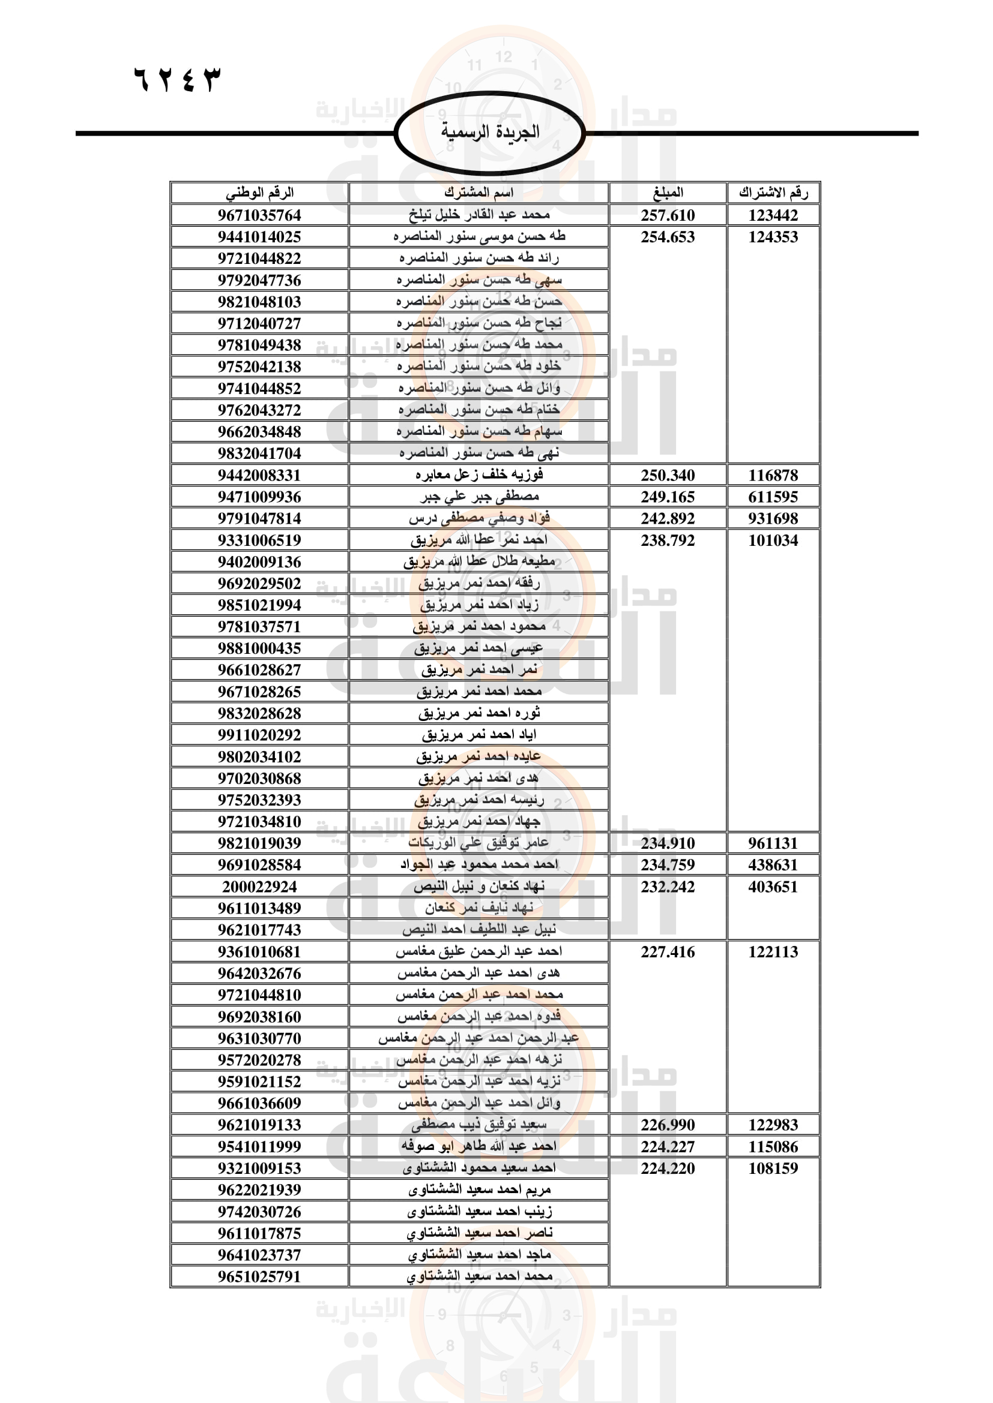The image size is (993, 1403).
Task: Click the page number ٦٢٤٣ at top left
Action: (177, 80)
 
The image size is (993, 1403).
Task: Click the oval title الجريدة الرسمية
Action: (490, 132)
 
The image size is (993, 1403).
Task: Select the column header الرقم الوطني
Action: (259, 193)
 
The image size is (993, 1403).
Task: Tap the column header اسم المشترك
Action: (478, 193)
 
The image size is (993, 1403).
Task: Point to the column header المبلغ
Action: (668, 193)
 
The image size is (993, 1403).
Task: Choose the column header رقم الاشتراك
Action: (773, 193)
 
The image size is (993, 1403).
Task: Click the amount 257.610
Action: (668, 215)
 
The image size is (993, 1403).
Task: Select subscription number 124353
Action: (773, 237)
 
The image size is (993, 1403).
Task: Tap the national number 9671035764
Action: (259, 215)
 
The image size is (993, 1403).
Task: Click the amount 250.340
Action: (668, 476)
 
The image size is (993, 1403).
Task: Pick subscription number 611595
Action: (773, 497)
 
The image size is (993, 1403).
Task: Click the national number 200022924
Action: (259, 887)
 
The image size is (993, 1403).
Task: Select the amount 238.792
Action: (668, 540)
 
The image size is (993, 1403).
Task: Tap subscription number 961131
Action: (773, 843)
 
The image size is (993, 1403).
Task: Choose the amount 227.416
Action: (668, 951)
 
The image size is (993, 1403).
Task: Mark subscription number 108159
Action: (773, 1168)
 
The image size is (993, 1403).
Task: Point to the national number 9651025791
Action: (259, 1276)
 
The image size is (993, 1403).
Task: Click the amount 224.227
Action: (668, 1146)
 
